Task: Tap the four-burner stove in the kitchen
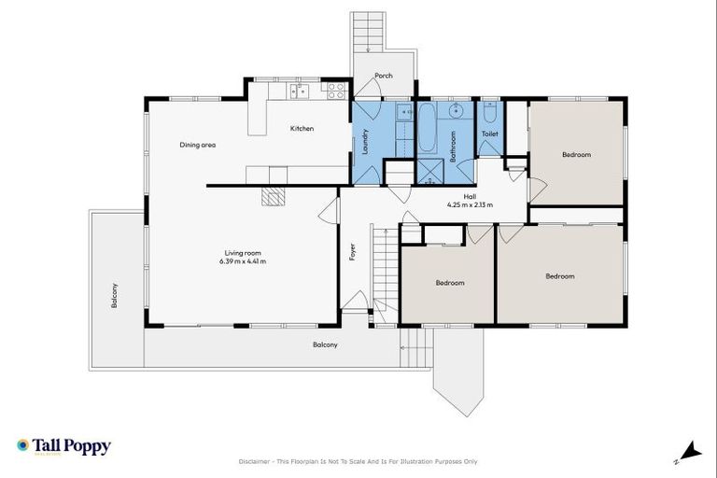coord(336,91)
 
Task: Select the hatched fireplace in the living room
coord(272,196)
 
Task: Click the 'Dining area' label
coord(198,145)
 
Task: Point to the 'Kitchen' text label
coord(302,129)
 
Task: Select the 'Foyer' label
coord(352,251)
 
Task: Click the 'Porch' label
coord(383,76)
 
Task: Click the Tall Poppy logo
coord(63,447)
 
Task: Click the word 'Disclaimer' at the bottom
coord(257,461)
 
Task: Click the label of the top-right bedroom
coord(576,155)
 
